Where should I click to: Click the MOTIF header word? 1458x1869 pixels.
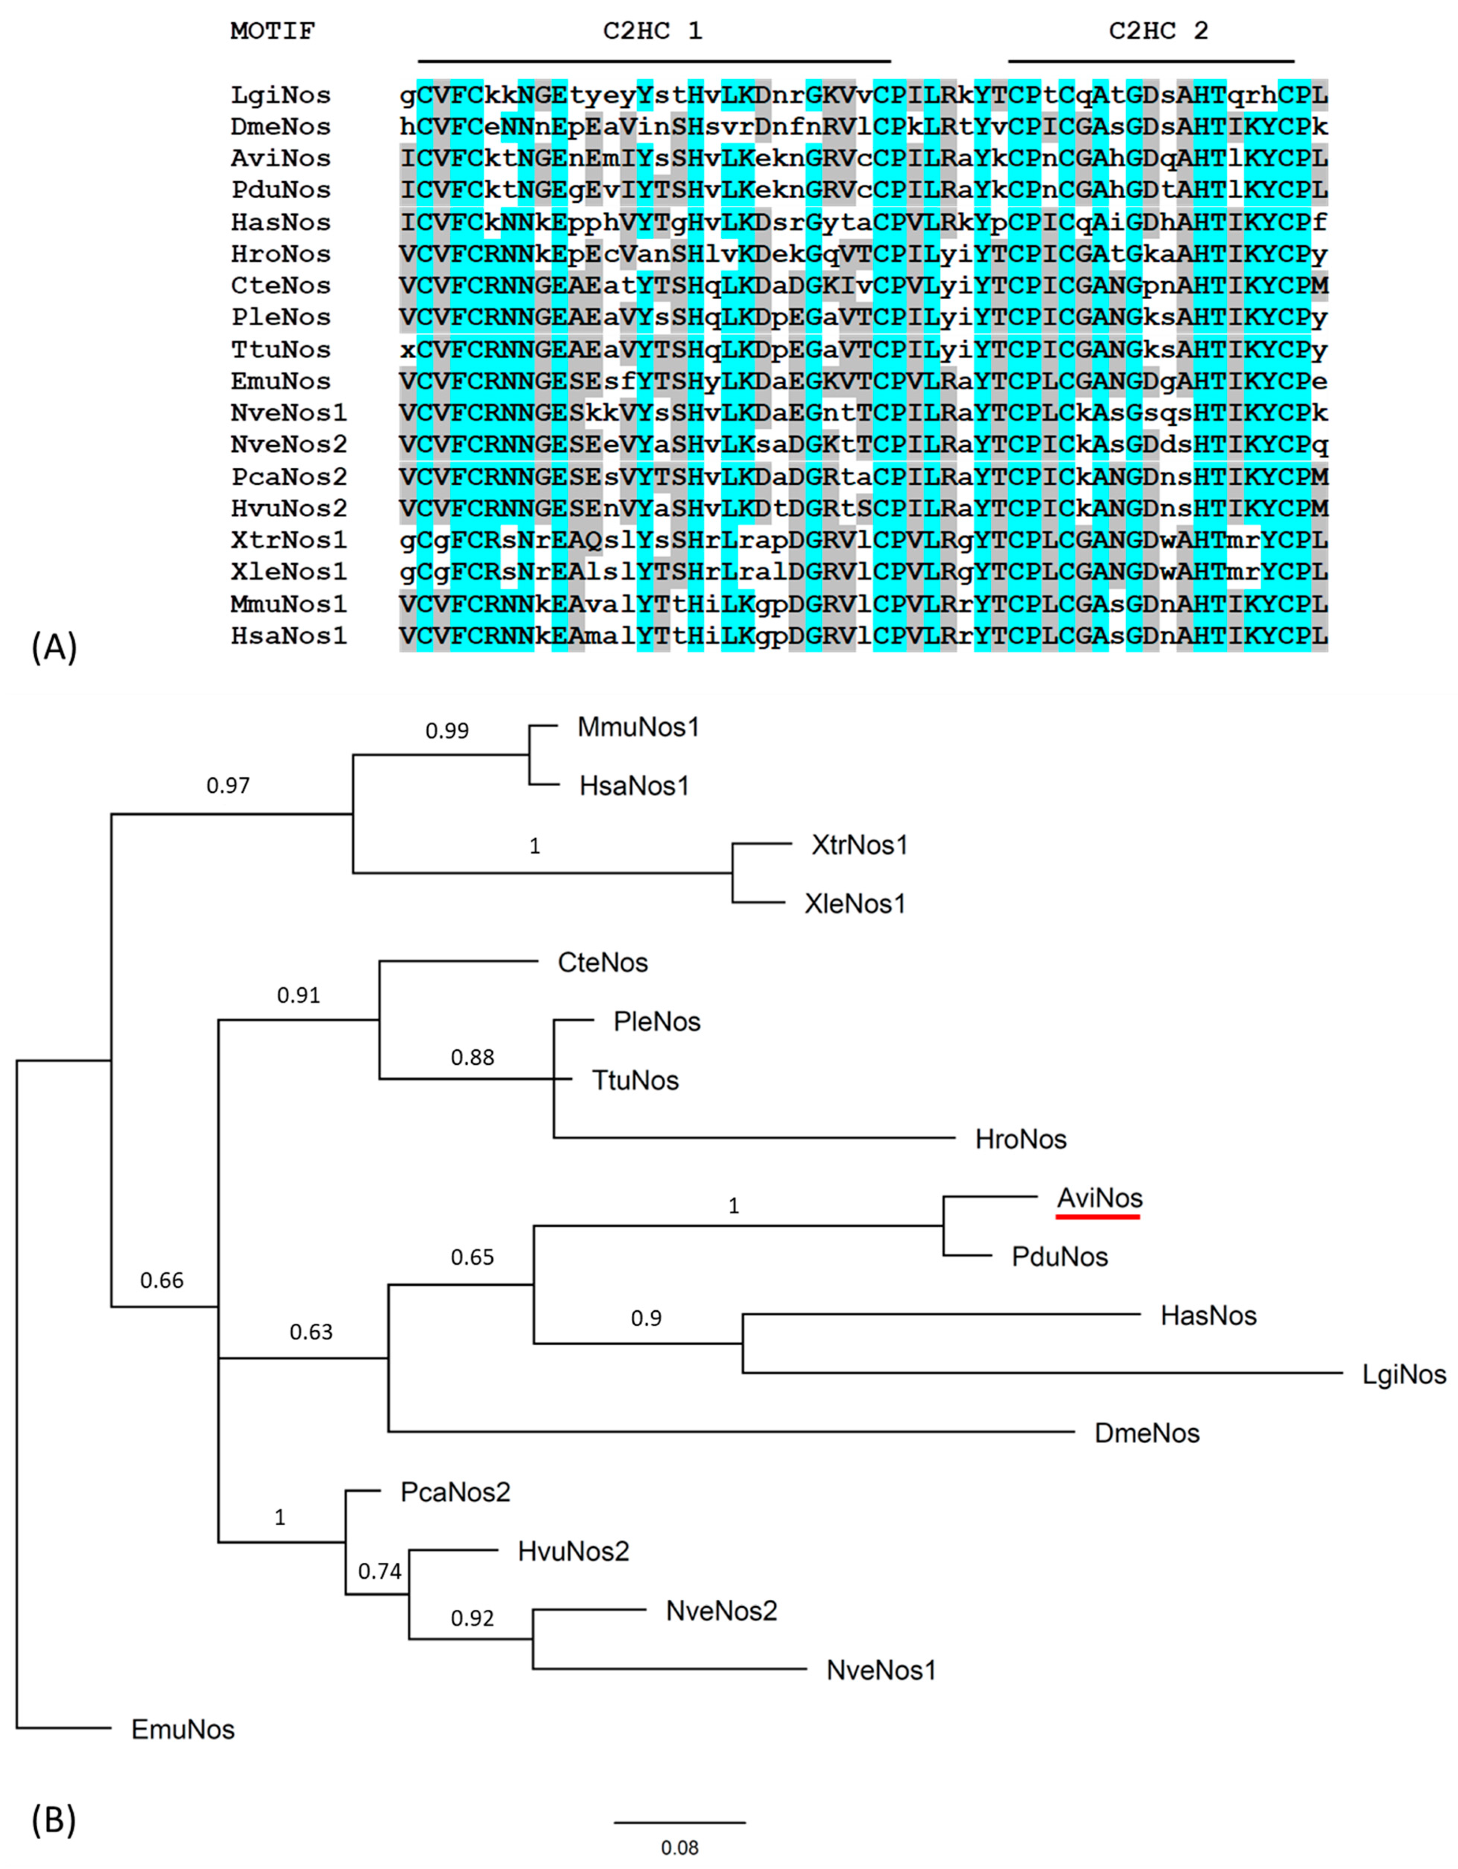click(x=272, y=32)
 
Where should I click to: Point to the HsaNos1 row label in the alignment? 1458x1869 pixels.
click(x=288, y=636)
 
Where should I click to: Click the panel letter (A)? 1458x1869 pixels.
click(x=54, y=648)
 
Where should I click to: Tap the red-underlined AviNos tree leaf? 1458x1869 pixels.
click(x=1100, y=1198)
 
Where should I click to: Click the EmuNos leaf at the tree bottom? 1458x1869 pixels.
click(x=182, y=1730)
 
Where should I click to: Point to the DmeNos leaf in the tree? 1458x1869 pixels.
click(x=1146, y=1433)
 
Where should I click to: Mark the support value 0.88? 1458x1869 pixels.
click(x=472, y=1057)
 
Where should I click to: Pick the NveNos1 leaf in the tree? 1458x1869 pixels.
click(x=881, y=1669)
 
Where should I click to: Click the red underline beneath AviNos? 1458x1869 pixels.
click(x=1098, y=1216)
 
